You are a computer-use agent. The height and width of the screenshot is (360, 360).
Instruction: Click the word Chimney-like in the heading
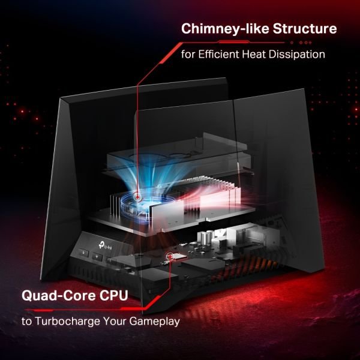click(x=225, y=29)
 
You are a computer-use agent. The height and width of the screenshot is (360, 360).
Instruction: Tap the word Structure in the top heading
click(x=305, y=28)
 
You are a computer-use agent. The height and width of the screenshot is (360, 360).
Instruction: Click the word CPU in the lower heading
click(x=113, y=295)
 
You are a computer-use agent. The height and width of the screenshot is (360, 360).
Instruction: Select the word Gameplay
click(x=154, y=322)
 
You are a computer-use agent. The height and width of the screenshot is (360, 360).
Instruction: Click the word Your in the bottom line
click(x=115, y=321)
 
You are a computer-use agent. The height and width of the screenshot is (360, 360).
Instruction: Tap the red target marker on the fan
click(x=137, y=197)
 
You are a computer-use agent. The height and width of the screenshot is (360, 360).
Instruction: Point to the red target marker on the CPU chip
click(x=170, y=256)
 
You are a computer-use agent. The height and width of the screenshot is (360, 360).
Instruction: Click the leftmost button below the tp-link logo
click(x=83, y=253)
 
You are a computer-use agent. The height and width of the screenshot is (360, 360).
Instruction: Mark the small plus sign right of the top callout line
click(x=310, y=43)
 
